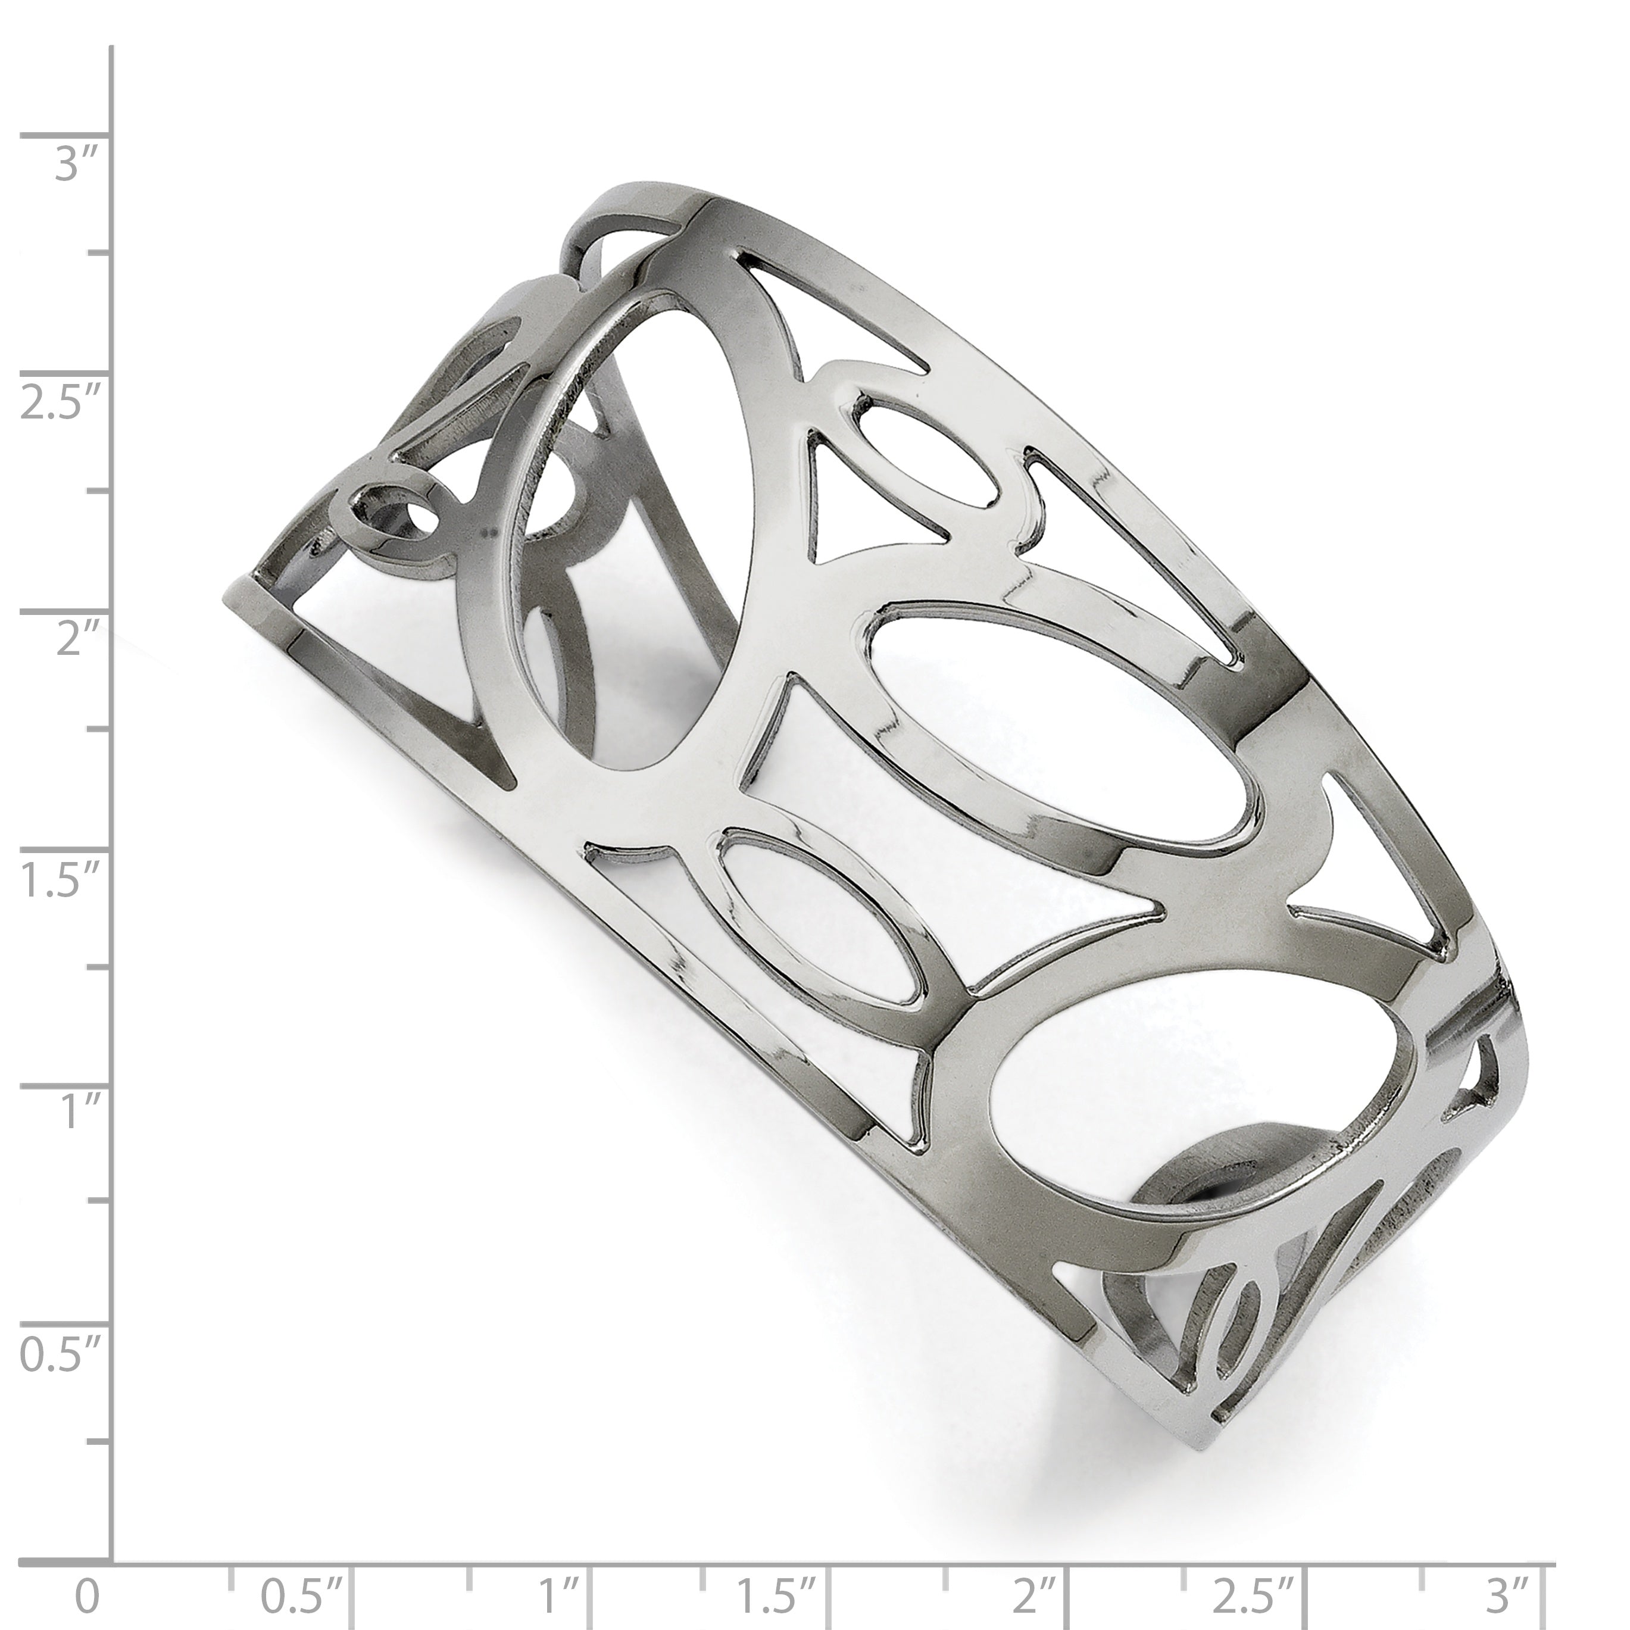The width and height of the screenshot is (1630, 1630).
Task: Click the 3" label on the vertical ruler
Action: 77,164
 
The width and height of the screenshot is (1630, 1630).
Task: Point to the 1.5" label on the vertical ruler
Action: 61,881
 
